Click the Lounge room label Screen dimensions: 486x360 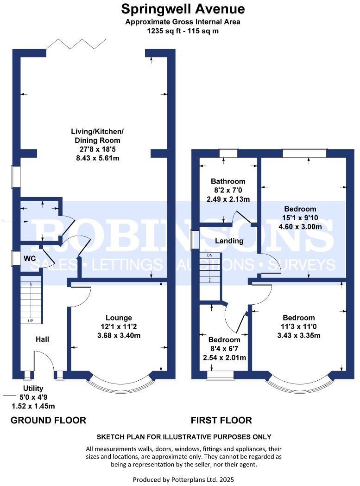pyautogui.click(x=119, y=318)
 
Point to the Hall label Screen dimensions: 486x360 pyautogui.click(x=43, y=339)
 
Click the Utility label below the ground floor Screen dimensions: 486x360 pyautogui.click(x=33, y=388)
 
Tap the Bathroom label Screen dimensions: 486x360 pyautogui.click(x=228, y=181)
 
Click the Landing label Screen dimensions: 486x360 pyautogui.click(x=230, y=241)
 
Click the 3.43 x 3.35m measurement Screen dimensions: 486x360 pyautogui.click(x=299, y=336)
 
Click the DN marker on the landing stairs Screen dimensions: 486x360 pyautogui.click(x=209, y=256)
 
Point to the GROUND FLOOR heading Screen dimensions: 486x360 pyautogui.click(x=48, y=421)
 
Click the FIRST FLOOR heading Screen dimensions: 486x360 pyautogui.click(x=221, y=421)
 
